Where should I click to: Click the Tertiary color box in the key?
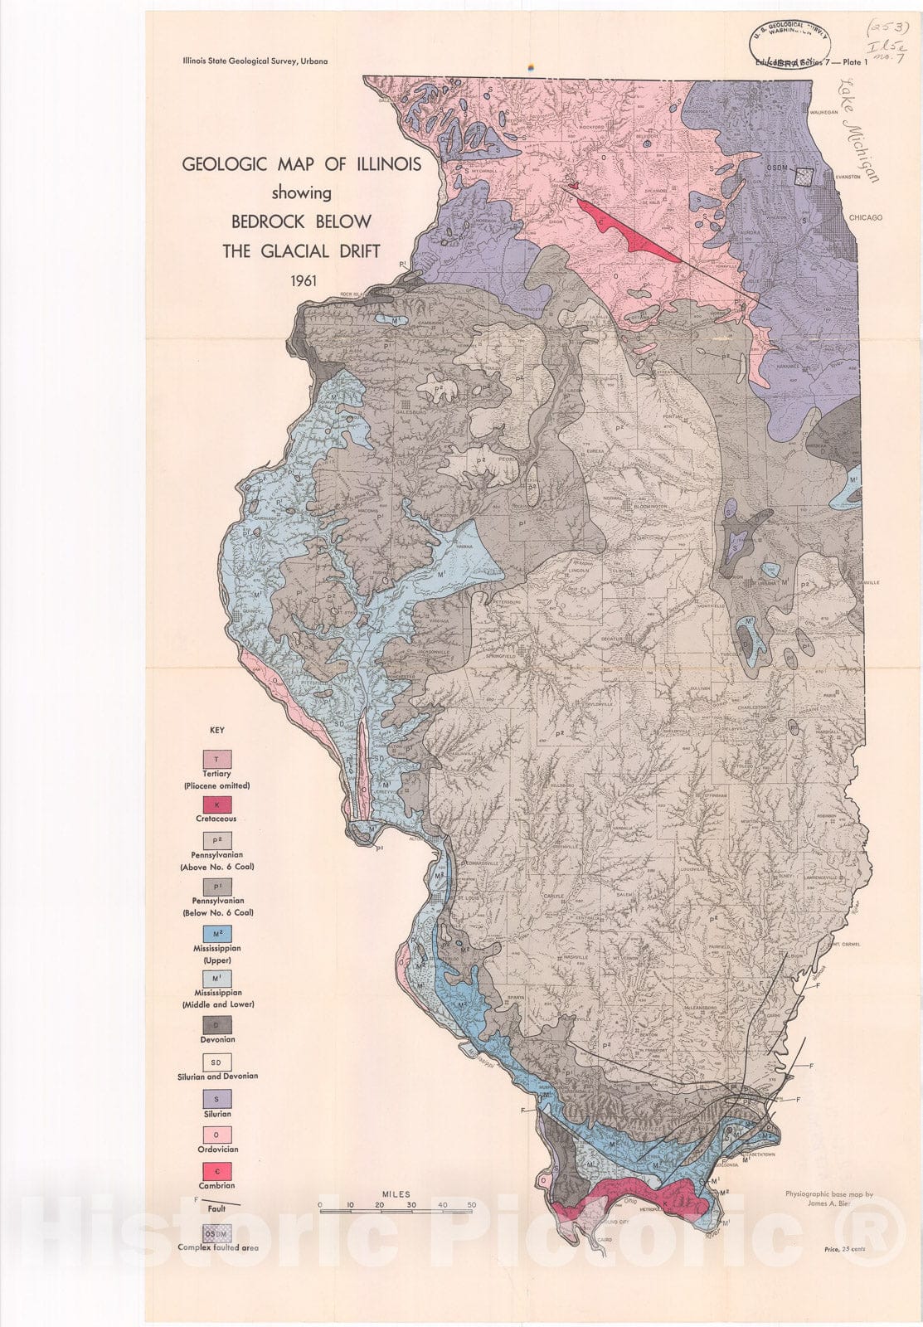pos(217,759)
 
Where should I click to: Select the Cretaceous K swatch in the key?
pos(217,804)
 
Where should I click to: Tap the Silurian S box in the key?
pos(217,1099)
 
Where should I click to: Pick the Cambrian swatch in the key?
pos(217,1171)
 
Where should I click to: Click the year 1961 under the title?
pos(303,279)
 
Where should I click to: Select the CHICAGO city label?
pos(865,218)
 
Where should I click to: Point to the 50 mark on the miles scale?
pos(471,1205)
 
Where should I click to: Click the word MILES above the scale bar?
pos(396,1194)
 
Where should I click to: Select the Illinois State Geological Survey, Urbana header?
pos(255,61)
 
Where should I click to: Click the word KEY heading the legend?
pos(216,731)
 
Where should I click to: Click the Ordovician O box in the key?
pos(217,1135)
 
